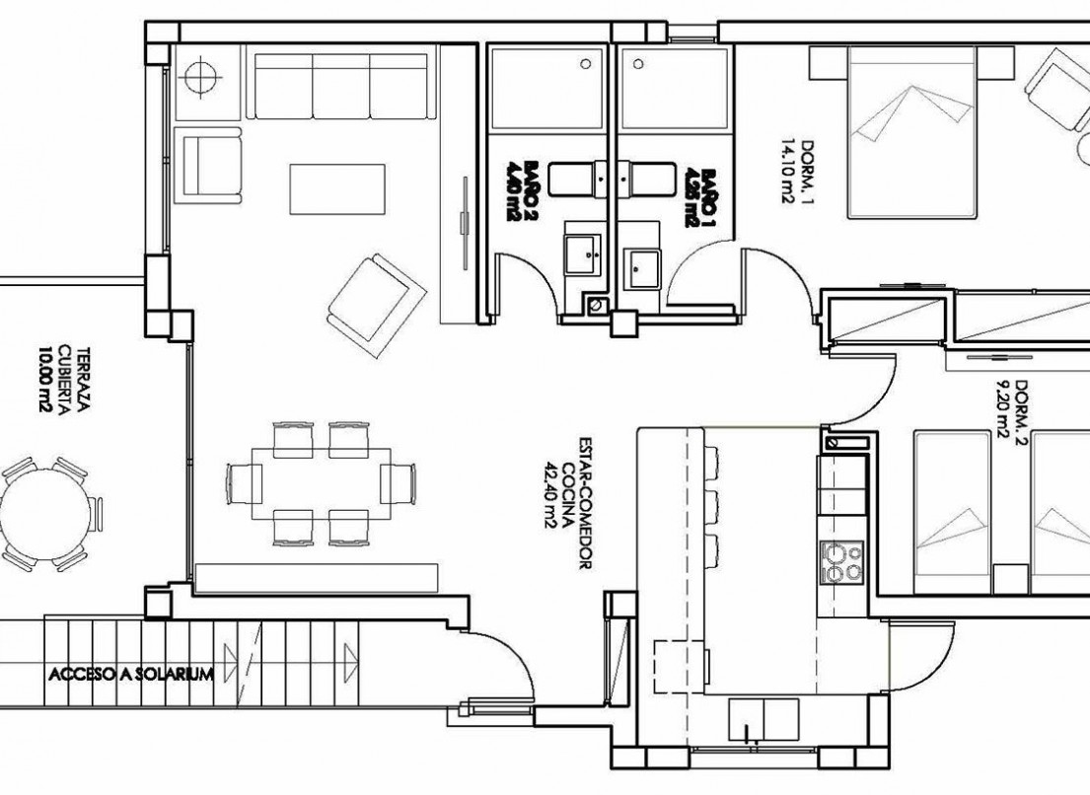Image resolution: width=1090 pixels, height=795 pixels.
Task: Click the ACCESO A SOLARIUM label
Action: click(x=130, y=675)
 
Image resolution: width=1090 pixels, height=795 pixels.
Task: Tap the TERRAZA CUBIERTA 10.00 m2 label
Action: click(x=58, y=379)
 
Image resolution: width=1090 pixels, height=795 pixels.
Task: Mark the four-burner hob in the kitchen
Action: click(x=839, y=562)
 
